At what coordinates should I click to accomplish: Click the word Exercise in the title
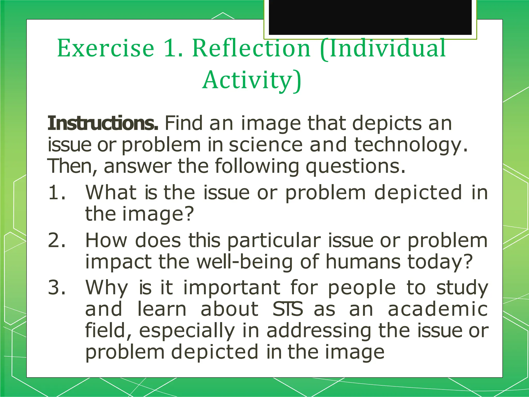click(106, 48)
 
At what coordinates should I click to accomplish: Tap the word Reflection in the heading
click(251, 48)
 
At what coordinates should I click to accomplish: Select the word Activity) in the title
click(252, 80)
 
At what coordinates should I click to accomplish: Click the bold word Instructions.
click(103, 123)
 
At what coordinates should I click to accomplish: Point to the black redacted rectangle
click(370, 17)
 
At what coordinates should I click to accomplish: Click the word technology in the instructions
click(410, 145)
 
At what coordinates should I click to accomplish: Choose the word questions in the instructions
click(355, 167)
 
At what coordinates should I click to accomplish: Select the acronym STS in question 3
click(287, 309)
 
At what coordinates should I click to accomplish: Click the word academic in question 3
click(438, 309)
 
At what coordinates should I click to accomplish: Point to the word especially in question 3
click(187, 331)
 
